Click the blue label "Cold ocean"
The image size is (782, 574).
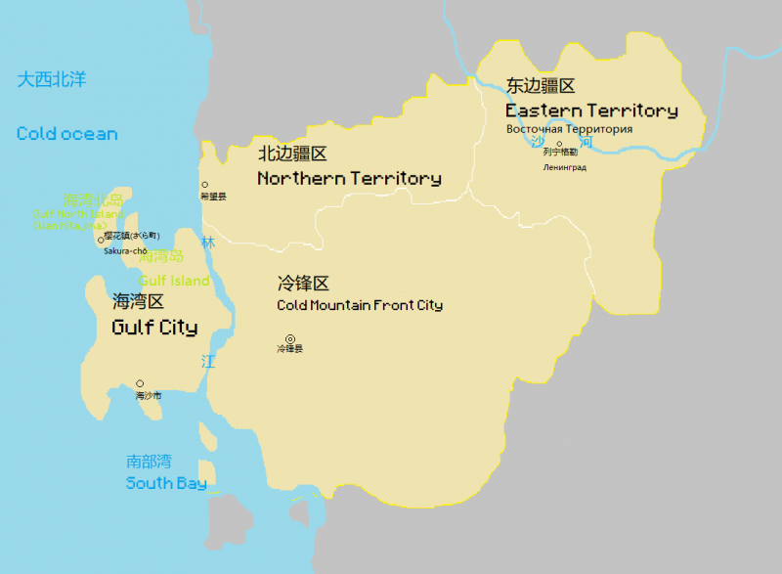pyautogui.click(x=66, y=134)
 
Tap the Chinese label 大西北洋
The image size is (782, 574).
pyautogui.click(x=52, y=79)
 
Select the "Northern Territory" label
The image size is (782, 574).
pyautogui.click(x=349, y=179)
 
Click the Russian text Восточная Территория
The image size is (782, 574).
pyautogui.click(x=569, y=129)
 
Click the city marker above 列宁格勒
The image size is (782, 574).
pyautogui.click(x=559, y=144)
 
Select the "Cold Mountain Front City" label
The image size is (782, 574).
pyautogui.click(x=360, y=305)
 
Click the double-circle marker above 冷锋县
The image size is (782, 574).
pyautogui.click(x=289, y=339)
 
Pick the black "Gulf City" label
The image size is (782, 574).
pyautogui.click(x=154, y=328)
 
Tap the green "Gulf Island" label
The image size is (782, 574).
pyautogui.click(x=174, y=281)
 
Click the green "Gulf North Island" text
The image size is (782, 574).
pyautogui.click(x=78, y=213)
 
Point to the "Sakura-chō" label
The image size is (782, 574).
pyautogui.click(x=125, y=250)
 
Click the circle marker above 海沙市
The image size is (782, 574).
pyautogui.click(x=140, y=384)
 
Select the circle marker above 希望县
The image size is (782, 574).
pyautogui.click(x=204, y=185)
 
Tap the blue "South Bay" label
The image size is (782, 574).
pyautogui.click(x=166, y=483)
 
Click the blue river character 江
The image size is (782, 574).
pyautogui.click(x=207, y=361)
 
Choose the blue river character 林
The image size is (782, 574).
pyautogui.click(x=207, y=243)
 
